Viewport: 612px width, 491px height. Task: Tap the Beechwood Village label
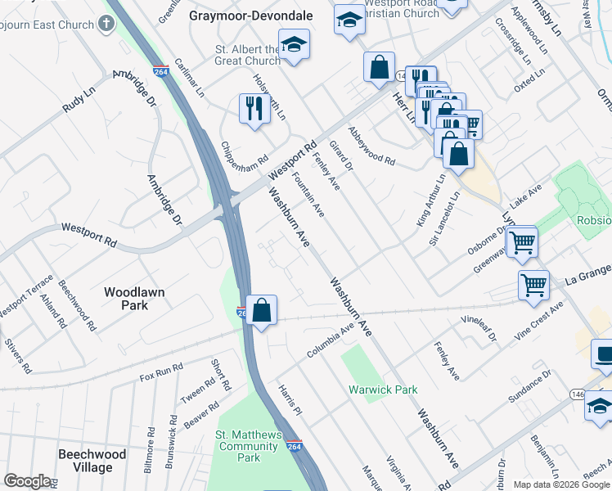pyautogui.click(x=92, y=461)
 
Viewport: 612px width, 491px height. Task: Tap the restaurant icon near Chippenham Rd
pyautogui.click(x=254, y=108)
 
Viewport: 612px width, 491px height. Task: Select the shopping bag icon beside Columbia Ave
pyautogui.click(x=261, y=310)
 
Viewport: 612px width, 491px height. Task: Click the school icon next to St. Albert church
pyautogui.click(x=294, y=46)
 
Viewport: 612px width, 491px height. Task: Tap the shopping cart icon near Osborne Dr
pyautogui.click(x=521, y=241)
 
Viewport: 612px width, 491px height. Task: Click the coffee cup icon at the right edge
pyautogui.click(x=604, y=354)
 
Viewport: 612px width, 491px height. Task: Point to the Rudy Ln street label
pyautogui.click(x=83, y=102)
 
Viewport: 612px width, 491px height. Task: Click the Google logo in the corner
pyautogui.click(x=27, y=481)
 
